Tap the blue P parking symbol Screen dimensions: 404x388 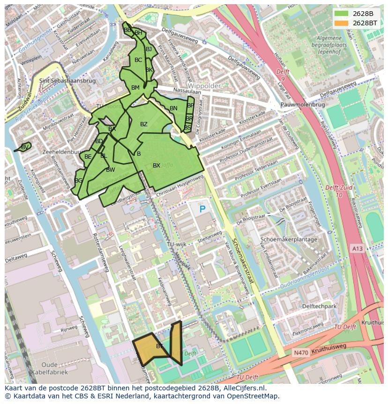point(202,209)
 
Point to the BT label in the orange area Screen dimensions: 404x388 point(159,346)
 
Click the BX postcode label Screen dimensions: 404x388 point(157,166)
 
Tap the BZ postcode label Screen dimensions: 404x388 point(144,124)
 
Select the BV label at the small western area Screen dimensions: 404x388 point(25,147)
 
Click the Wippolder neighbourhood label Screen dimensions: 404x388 point(204,86)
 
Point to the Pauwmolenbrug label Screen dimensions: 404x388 point(302,105)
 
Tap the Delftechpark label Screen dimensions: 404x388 point(320,306)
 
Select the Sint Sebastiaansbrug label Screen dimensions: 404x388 point(67,81)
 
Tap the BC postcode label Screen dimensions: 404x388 point(138,60)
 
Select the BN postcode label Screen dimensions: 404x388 point(173,108)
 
